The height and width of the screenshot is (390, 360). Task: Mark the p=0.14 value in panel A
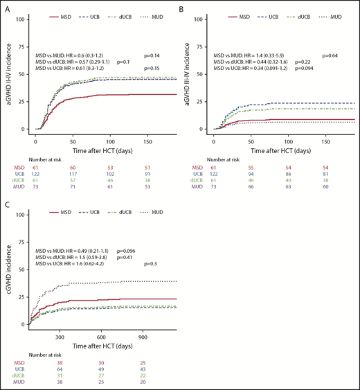(156, 53)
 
